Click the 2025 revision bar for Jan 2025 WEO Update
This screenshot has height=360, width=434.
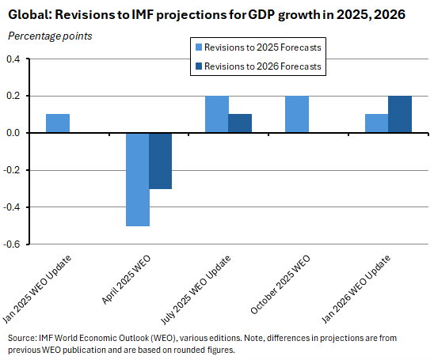tap(58, 123)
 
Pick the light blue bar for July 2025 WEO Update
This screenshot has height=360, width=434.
tap(217, 114)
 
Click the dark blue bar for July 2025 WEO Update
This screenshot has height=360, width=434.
tap(241, 123)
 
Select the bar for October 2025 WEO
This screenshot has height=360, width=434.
tap(297, 114)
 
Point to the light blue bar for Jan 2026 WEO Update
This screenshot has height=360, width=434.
tap(376, 123)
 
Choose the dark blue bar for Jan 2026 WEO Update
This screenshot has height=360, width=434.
tap(400, 114)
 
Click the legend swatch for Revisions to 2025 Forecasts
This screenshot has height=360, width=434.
tap(196, 47)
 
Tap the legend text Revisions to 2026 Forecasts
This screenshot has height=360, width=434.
tap(263, 66)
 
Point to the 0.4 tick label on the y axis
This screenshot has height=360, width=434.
tap(13, 59)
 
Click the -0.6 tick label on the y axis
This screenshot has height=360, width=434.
tap(12, 245)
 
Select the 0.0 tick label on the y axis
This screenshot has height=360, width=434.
tap(13, 134)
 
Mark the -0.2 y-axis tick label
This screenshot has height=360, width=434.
tap(12, 171)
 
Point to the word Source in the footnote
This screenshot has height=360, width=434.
tap(22, 338)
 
